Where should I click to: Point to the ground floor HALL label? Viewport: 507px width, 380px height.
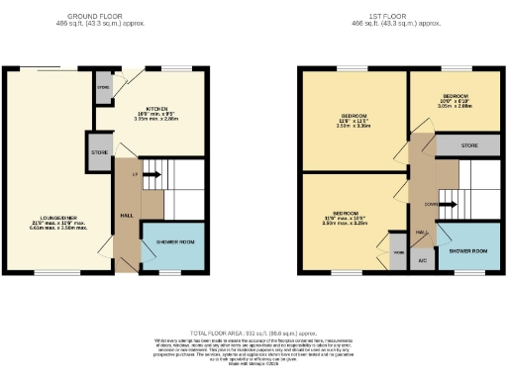click(127, 215)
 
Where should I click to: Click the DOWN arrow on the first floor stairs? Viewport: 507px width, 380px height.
click(446, 207)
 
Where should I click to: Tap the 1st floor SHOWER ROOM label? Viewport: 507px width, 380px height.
click(468, 251)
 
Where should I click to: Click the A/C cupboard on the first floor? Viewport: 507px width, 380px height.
click(421, 261)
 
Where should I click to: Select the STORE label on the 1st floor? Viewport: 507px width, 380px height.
click(469, 146)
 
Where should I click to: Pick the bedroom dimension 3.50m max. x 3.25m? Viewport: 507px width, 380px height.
click(345, 225)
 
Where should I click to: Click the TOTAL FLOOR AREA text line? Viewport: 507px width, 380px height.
click(253, 334)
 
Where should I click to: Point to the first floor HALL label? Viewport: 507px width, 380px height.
click(421, 232)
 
